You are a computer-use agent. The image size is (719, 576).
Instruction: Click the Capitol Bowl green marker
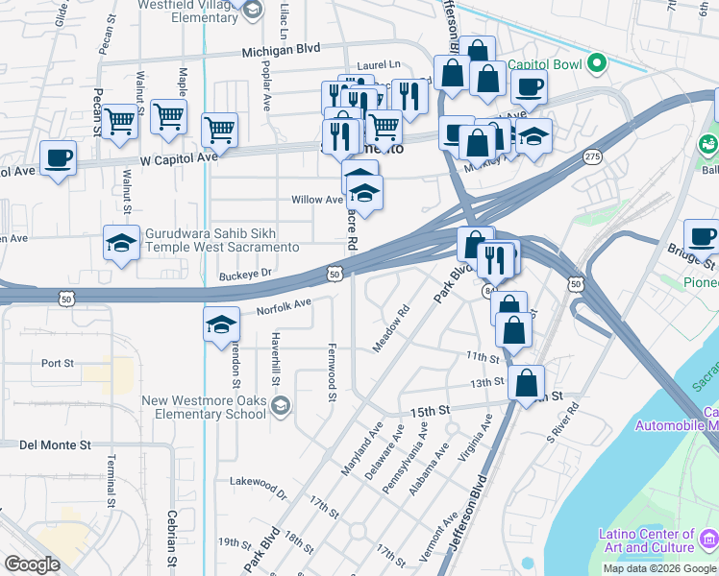(597, 64)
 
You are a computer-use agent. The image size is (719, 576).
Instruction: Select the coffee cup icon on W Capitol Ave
(59, 158)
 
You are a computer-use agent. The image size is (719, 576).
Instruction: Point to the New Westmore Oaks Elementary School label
(203, 408)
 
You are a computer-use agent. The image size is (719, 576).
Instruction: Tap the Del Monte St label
(55, 445)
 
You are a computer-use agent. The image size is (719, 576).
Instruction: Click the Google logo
(33, 564)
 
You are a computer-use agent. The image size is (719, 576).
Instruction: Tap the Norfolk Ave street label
(284, 307)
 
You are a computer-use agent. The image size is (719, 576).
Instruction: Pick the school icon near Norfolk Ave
(221, 324)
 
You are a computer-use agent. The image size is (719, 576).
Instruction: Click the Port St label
(58, 363)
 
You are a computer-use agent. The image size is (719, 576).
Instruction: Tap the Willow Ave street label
(317, 201)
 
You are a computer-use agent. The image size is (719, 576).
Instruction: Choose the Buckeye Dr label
(246, 274)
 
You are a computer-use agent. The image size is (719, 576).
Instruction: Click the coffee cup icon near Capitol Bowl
(528, 87)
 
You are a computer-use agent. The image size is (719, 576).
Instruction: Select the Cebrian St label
(173, 547)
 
